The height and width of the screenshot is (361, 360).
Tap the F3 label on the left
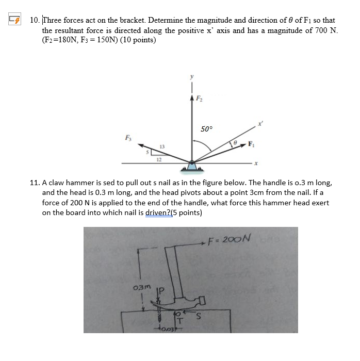127,137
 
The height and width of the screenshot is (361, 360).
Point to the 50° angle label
207,129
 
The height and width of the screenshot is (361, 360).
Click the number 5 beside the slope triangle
147,153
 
